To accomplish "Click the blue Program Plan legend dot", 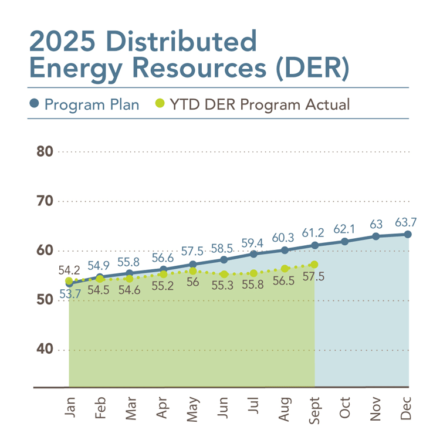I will [x=35, y=104].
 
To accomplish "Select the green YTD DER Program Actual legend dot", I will [x=159, y=104].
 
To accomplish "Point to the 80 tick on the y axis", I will [x=45, y=151].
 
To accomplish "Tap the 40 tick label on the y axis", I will [x=45, y=350].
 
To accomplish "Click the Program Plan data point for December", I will [x=407, y=234].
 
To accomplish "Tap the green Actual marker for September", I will [x=314, y=265].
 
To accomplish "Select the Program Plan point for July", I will [x=253, y=254].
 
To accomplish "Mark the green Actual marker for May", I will [x=193, y=271].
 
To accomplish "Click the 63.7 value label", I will [x=407, y=222].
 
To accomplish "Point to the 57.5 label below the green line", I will [x=314, y=277].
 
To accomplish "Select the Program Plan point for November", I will [x=376, y=236].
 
